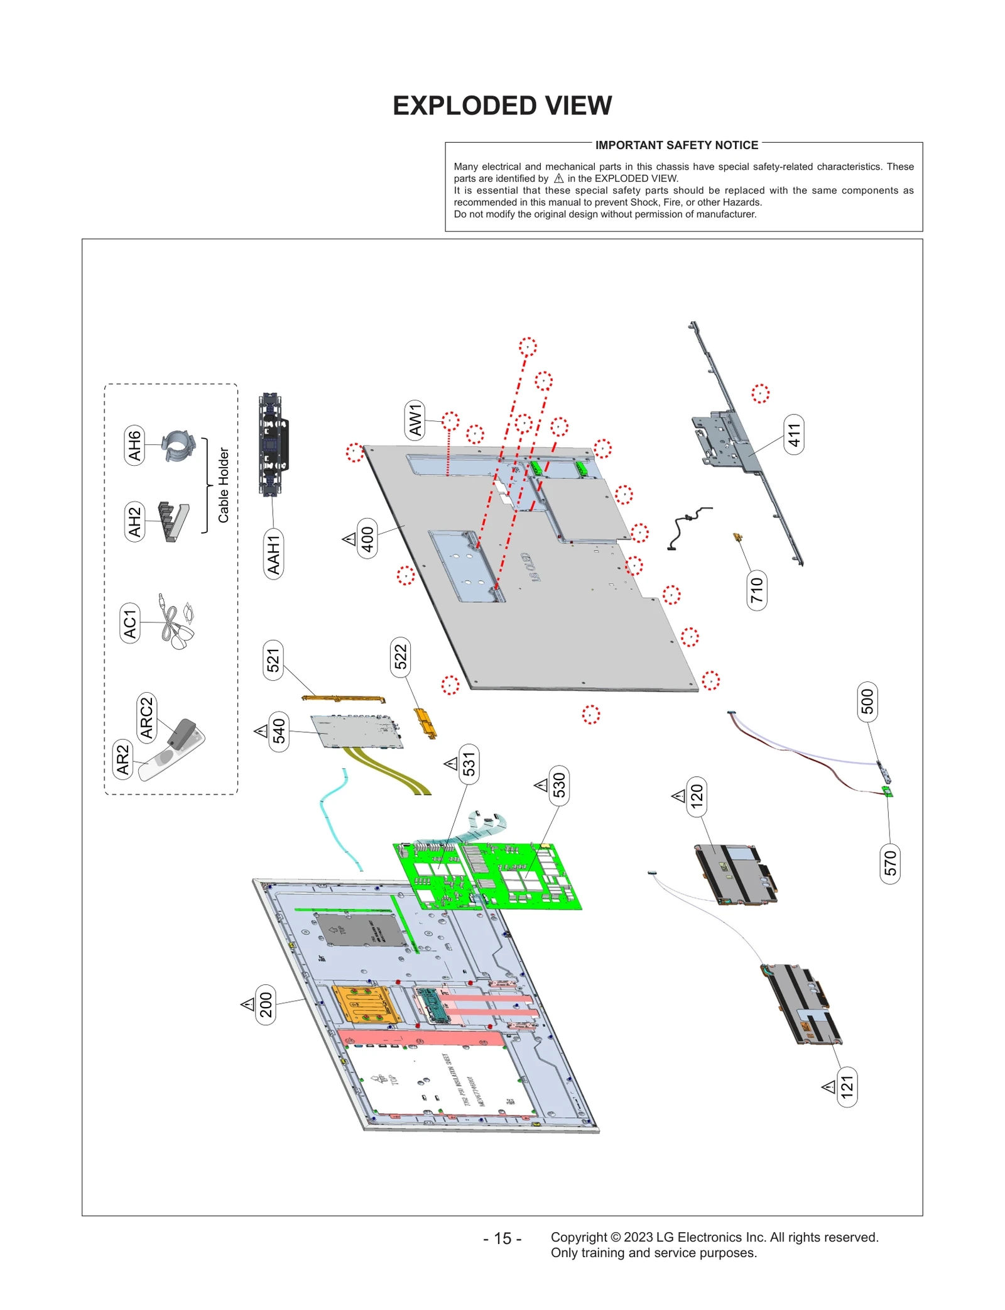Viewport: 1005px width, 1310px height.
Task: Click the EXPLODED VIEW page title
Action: point(502,106)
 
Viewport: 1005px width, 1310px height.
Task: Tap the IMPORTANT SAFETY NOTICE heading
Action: point(676,145)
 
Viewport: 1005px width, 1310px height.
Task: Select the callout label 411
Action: point(794,434)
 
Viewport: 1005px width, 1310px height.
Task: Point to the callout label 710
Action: point(756,590)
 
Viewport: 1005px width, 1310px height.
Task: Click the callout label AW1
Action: point(415,419)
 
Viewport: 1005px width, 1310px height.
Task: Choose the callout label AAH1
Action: point(273,554)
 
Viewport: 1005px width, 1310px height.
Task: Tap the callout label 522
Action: point(400,657)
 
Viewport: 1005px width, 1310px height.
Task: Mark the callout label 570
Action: point(889,863)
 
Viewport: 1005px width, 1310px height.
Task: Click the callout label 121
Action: point(847,1086)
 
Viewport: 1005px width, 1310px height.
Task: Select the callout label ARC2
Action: point(146,717)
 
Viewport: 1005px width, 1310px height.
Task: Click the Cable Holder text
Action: point(224,485)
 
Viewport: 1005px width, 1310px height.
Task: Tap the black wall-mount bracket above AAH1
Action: point(273,444)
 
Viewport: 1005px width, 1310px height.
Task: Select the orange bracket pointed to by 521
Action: point(343,698)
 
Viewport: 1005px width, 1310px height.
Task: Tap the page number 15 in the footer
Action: point(502,1238)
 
